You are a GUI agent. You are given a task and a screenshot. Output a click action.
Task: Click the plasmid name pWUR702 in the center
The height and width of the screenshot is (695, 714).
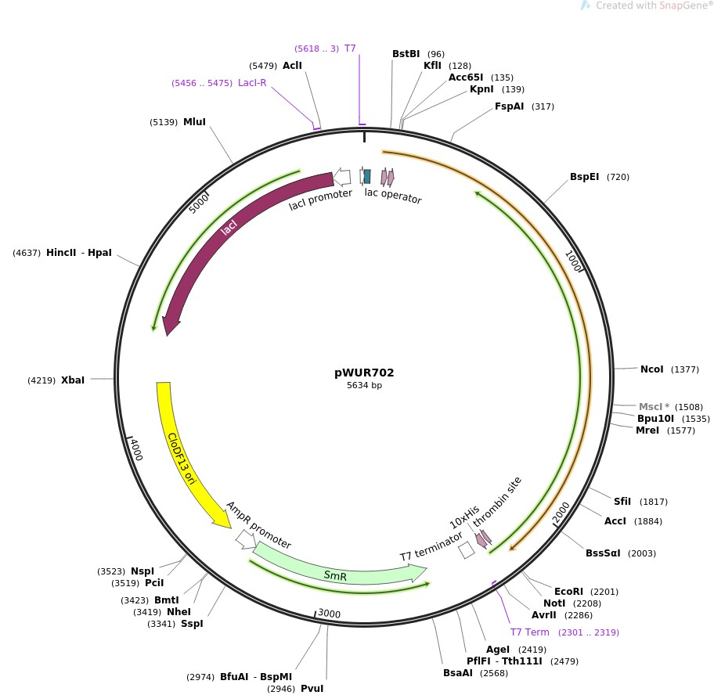click(364, 373)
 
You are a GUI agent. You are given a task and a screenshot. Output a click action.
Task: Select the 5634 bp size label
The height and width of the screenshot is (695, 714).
click(364, 385)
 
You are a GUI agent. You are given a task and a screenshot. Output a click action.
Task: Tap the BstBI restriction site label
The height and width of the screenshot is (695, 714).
click(406, 54)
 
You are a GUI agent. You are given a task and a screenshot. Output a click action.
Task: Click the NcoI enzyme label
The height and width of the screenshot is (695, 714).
click(651, 369)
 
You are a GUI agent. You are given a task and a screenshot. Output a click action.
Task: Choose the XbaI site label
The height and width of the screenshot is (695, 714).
click(73, 380)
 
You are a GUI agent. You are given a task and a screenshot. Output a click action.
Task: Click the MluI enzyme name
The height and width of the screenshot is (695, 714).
click(194, 122)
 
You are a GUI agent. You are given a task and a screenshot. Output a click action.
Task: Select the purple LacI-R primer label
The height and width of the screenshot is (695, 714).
click(252, 83)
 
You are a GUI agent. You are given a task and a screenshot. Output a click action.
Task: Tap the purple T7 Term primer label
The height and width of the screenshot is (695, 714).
click(529, 632)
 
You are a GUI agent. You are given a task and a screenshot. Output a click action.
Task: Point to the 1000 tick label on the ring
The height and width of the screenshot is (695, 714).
click(574, 261)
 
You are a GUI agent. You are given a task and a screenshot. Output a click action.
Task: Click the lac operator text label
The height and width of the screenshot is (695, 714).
click(393, 196)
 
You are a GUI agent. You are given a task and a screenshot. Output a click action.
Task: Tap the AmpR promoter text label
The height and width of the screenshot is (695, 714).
click(258, 525)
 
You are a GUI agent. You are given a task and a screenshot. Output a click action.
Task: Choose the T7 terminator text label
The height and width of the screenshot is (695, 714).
click(431, 546)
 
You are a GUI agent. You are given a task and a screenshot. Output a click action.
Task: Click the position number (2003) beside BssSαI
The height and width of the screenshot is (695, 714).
click(642, 553)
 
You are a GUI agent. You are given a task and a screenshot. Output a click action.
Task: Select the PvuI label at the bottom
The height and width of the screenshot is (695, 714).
click(312, 688)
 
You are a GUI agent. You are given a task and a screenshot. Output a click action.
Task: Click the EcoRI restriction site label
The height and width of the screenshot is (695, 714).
click(568, 591)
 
